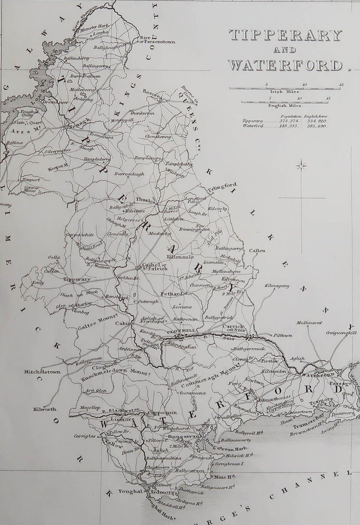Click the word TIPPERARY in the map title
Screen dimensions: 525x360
pos(285,36)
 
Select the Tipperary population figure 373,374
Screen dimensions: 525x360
pos(274,121)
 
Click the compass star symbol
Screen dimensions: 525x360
pos(301,165)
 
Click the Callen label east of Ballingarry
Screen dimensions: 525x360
pos(257,251)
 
